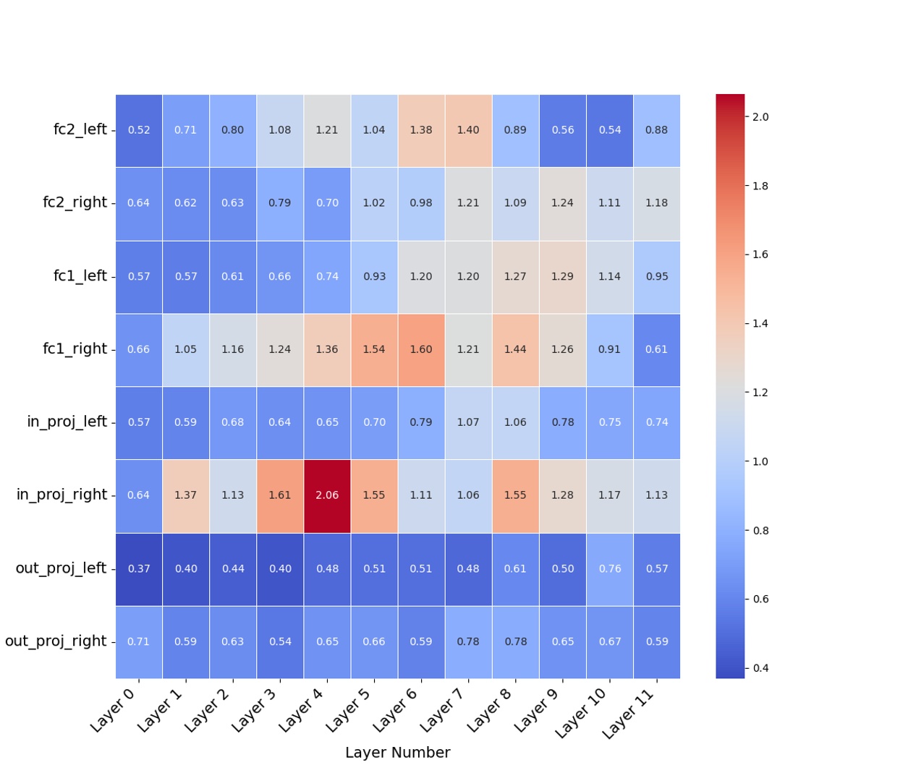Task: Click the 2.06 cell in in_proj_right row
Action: point(327,495)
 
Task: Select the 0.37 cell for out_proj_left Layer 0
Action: point(139,568)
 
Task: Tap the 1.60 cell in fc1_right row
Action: point(421,349)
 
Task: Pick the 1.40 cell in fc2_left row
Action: point(468,130)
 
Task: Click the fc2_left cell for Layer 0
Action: point(139,130)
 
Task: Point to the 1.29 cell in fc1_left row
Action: point(562,276)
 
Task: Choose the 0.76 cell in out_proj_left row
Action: point(609,568)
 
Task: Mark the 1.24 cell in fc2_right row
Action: point(562,203)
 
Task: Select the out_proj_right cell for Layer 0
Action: point(139,641)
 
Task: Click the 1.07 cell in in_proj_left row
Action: point(468,422)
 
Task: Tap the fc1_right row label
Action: point(75,349)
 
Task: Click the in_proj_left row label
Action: point(67,422)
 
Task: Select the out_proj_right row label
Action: point(56,641)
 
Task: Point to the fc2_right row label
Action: point(75,203)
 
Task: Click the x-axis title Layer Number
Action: point(397,753)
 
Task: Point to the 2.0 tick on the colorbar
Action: point(760,117)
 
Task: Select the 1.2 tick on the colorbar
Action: point(760,393)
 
